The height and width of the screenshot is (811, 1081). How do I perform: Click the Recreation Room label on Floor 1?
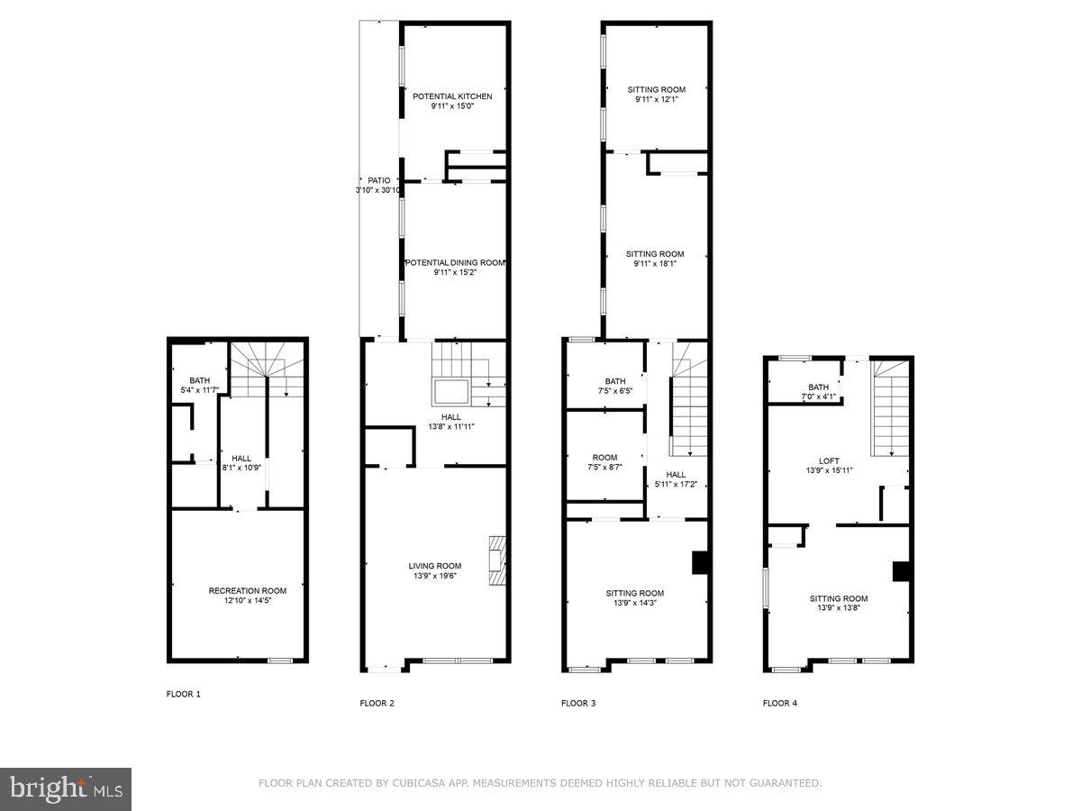247,591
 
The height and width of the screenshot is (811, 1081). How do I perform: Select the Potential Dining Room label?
455,262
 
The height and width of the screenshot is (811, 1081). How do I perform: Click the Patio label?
378,180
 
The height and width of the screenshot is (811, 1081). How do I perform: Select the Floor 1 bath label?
199,380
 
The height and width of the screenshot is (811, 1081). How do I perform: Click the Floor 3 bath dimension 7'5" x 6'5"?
614,392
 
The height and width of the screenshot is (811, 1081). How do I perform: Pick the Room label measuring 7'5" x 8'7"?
604,458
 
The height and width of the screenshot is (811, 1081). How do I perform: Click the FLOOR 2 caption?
377,703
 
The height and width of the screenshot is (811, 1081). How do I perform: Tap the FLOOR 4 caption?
780,703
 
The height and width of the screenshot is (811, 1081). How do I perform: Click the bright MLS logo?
66,788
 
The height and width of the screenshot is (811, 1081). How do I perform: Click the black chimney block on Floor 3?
699,562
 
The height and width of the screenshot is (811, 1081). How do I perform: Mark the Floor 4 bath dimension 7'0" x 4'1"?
818,397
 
